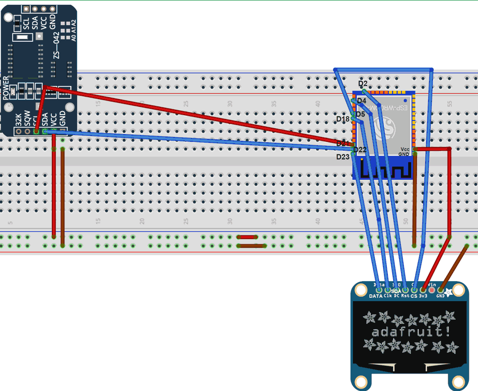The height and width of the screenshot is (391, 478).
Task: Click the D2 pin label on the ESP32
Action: [363, 84]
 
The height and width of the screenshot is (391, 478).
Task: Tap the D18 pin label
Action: [343, 119]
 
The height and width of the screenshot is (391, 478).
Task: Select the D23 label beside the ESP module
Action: [343, 157]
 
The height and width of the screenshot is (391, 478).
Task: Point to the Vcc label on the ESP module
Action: [405, 149]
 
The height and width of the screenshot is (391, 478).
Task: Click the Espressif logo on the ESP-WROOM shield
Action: [391, 127]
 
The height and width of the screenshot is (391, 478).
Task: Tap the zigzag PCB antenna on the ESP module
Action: [385, 170]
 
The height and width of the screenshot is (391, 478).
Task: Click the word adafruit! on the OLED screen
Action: [409, 332]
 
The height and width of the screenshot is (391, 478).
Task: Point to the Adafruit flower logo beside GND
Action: [449, 292]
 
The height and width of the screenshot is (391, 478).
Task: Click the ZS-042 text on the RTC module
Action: [56, 45]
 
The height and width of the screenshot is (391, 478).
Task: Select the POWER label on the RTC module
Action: [6, 88]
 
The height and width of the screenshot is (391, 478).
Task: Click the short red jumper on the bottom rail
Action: [247, 237]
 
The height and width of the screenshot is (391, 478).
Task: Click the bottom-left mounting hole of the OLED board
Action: [360, 380]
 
